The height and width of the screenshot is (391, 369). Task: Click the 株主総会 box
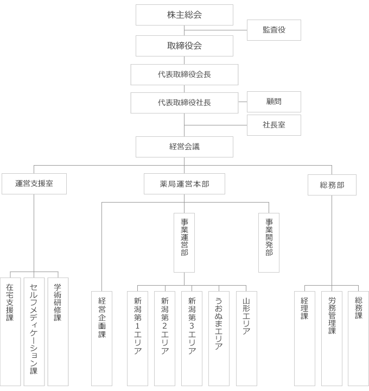[184, 15]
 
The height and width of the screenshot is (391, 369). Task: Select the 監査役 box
[274, 30]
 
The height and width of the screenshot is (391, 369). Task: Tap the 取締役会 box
[184, 46]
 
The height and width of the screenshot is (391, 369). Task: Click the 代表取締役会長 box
[184, 74]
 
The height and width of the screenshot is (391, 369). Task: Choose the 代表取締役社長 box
[184, 103]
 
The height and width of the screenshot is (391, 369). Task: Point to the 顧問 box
[274, 102]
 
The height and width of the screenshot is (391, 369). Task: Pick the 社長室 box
[274, 125]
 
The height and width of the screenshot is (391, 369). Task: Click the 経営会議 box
[184, 147]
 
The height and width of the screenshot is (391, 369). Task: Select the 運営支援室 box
[34, 184]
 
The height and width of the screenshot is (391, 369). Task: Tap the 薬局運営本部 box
[184, 184]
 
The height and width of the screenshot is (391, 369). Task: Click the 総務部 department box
[332, 185]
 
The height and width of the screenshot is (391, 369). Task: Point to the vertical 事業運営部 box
[184, 243]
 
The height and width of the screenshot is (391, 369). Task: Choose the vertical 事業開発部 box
[269, 243]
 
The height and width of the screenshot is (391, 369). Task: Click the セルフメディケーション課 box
[34, 332]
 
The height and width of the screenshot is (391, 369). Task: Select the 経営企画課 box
[101, 339]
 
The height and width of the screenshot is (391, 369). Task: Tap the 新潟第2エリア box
[164, 339]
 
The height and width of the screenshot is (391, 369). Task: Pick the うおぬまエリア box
[219, 339]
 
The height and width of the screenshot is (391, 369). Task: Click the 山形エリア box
[246, 339]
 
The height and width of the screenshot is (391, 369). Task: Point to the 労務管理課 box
[332, 339]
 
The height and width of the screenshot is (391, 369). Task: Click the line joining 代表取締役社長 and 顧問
[243, 102]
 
